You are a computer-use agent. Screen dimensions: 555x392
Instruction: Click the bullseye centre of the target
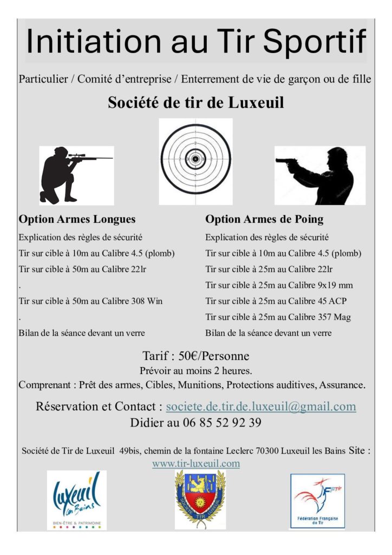[195, 159]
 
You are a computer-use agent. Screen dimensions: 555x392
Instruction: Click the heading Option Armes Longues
[77, 220]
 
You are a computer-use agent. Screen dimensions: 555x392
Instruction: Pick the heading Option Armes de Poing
[264, 220]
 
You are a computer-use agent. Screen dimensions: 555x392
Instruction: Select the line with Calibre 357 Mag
[278, 317]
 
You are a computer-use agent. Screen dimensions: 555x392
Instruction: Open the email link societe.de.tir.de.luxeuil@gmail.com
[261, 406]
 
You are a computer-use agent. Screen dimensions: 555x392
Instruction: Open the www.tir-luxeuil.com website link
[196, 463]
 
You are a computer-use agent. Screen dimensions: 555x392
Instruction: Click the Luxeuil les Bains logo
[77, 499]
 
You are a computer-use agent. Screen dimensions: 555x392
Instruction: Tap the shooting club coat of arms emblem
[200, 499]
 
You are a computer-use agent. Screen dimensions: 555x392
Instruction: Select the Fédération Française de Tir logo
[317, 501]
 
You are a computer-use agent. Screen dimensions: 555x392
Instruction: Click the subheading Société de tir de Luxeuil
[196, 102]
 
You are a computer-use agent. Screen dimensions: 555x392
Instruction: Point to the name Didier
[147, 422]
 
